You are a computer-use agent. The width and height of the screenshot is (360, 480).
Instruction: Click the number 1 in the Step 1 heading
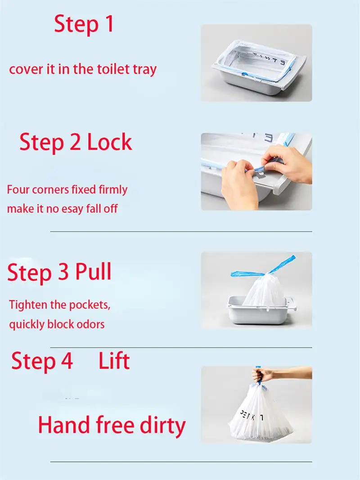tap(109, 24)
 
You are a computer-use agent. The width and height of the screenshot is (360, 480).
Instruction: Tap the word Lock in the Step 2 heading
tap(110, 142)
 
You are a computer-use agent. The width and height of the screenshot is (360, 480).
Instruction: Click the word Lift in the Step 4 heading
tap(114, 361)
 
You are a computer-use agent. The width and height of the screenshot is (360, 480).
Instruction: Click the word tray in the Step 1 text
tap(144, 70)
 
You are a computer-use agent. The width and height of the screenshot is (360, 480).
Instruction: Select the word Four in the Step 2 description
tap(18, 189)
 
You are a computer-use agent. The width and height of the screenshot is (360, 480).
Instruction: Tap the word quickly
tap(27, 325)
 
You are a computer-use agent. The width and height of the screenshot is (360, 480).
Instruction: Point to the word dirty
tap(163, 426)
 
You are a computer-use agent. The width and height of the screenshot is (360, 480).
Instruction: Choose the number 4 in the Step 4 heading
tap(67, 361)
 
